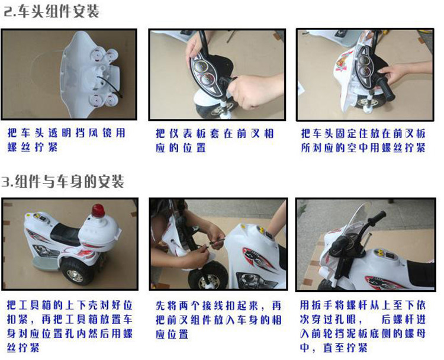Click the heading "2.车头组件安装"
point(52,12)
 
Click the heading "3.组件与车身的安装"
point(63,181)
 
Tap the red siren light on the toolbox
point(98,211)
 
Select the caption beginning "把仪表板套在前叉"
point(215,141)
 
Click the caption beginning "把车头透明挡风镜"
point(66,140)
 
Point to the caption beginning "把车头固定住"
point(363,140)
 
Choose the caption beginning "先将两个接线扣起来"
point(218,320)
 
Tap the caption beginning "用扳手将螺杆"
point(362,326)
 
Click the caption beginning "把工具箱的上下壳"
point(70,326)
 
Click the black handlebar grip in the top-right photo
point(385,88)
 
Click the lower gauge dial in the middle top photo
point(208,81)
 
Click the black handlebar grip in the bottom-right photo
point(377,218)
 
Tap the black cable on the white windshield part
point(110,85)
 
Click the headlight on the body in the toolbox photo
point(46,251)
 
